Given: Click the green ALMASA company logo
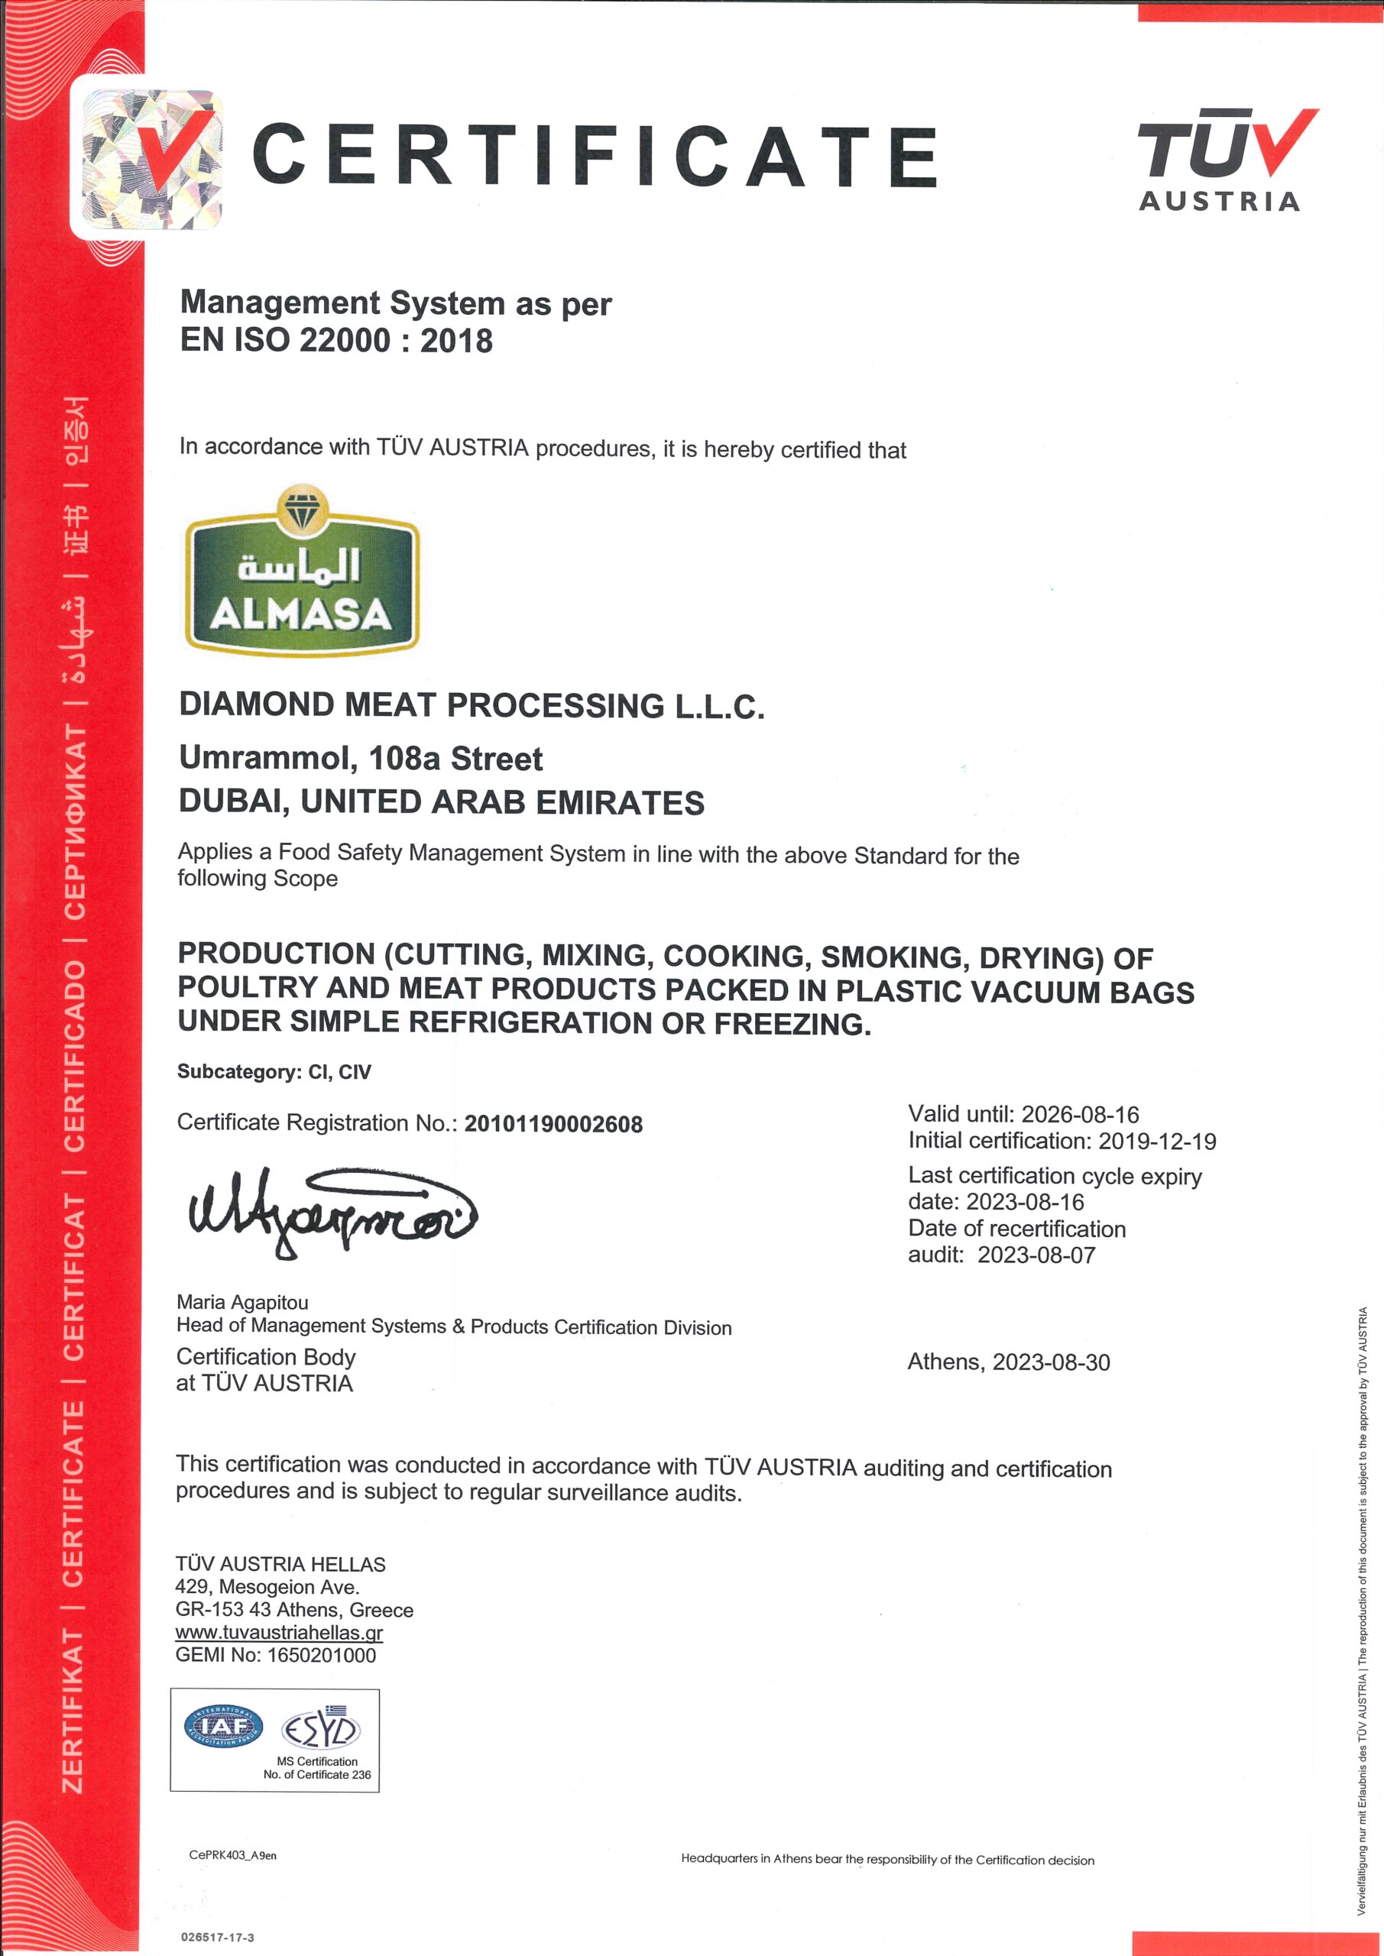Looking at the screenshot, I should point(302,572).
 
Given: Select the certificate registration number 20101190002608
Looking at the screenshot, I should point(553,1124).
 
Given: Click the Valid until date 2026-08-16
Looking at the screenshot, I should point(1080,1114).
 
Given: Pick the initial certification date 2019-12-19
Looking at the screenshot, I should point(1156,1141).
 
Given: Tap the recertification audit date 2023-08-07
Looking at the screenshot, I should point(1036,1255).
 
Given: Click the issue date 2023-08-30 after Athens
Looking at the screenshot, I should point(1051,1362).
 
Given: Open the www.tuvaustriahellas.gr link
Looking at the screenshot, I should point(279,1632).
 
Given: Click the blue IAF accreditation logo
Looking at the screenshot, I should point(223,1727).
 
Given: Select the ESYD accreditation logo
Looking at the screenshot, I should point(320,1729).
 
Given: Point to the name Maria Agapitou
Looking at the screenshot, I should point(242,1302).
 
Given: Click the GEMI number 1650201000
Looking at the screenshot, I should point(321,1655).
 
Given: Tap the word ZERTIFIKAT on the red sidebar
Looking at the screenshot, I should point(73,1712).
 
